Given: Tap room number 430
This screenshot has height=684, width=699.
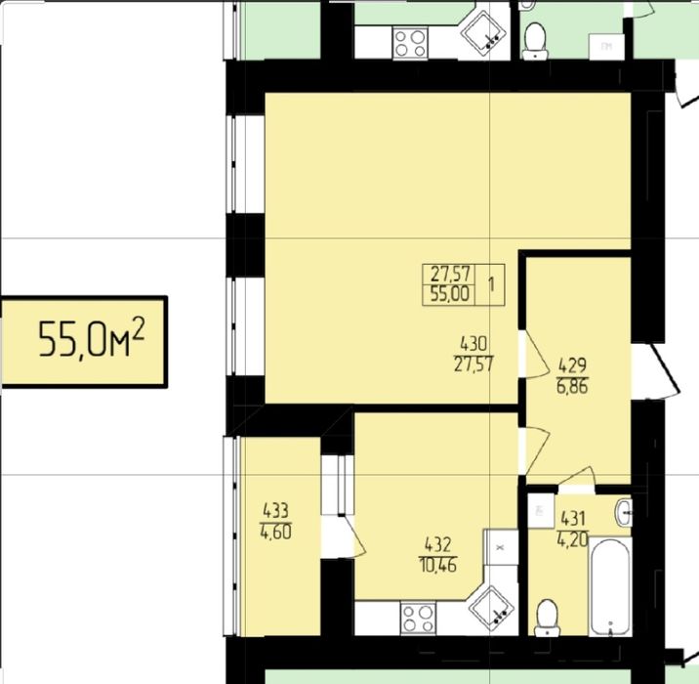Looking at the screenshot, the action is coord(473,344).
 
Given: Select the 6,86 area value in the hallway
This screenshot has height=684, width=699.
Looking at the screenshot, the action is coord(572,386).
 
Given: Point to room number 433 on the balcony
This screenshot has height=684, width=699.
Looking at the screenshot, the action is coord(276,510).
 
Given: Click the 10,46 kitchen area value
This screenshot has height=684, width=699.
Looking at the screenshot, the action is coord(437,566).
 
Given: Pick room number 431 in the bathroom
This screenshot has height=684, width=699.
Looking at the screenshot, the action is coord(573,519).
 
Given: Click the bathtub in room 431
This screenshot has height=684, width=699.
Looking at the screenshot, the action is coord(609,587).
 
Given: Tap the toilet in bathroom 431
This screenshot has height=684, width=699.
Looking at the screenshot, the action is coord(547,618).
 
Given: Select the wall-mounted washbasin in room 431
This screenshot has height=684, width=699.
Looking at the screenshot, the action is coord(624,513).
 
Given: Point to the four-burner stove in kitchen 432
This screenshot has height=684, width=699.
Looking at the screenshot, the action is coord(418,618).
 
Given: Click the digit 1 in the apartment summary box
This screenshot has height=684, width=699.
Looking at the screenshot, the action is coord(491,284).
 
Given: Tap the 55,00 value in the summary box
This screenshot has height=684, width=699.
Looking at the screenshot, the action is coord(450,294).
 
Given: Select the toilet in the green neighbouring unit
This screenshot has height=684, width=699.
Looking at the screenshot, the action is coord(535,41).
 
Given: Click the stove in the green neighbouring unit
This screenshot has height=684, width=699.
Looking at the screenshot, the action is coord(411,42).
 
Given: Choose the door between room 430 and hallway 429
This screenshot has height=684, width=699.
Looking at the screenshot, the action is coord(534,355).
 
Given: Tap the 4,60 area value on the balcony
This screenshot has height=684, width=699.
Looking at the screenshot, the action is coord(276,532).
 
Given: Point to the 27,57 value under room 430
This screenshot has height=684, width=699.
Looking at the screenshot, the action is coord(473,364).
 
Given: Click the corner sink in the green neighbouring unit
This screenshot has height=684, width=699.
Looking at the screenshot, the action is coord(483,30).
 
